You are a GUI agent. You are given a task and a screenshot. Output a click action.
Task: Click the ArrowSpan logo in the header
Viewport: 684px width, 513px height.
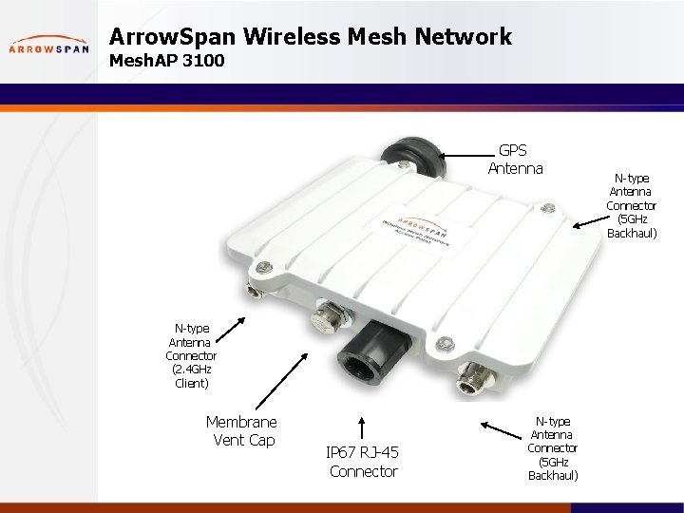click(48, 46)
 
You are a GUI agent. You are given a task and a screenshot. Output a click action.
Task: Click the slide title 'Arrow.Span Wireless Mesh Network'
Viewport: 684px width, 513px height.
click(311, 37)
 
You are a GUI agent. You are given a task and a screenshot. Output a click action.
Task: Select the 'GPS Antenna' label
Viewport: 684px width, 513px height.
click(515, 160)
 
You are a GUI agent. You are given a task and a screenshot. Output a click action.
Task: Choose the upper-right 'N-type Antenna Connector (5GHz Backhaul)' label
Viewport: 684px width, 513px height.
click(632, 204)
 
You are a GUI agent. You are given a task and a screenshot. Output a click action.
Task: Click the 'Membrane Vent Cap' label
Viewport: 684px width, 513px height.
click(242, 430)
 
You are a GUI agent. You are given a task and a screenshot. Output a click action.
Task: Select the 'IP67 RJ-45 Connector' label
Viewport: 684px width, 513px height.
click(363, 462)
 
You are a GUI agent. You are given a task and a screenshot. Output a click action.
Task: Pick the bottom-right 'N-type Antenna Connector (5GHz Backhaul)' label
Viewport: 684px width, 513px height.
click(552, 447)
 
